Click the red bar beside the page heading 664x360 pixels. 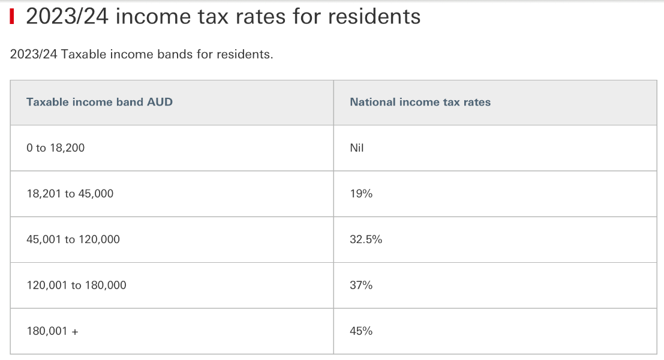click(x=12, y=16)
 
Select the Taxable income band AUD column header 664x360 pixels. click(x=100, y=102)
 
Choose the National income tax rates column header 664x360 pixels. click(x=420, y=102)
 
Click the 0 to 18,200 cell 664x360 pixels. click(x=56, y=148)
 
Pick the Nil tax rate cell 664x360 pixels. click(x=357, y=148)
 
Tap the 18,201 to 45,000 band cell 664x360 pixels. click(x=70, y=194)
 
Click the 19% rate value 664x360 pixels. click(x=361, y=194)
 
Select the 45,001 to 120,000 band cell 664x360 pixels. click(x=73, y=239)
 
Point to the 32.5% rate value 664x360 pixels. click(x=366, y=239)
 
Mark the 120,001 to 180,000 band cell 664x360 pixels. click(x=76, y=285)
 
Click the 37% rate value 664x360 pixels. click(x=361, y=285)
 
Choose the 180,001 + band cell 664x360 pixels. click(x=52, y=331)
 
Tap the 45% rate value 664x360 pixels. click(x=361, y=331)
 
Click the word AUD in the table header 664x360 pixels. click(x=160, y=102)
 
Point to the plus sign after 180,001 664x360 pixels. click(x=75, y=331)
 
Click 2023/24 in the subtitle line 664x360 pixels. click(x=34, y=55)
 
